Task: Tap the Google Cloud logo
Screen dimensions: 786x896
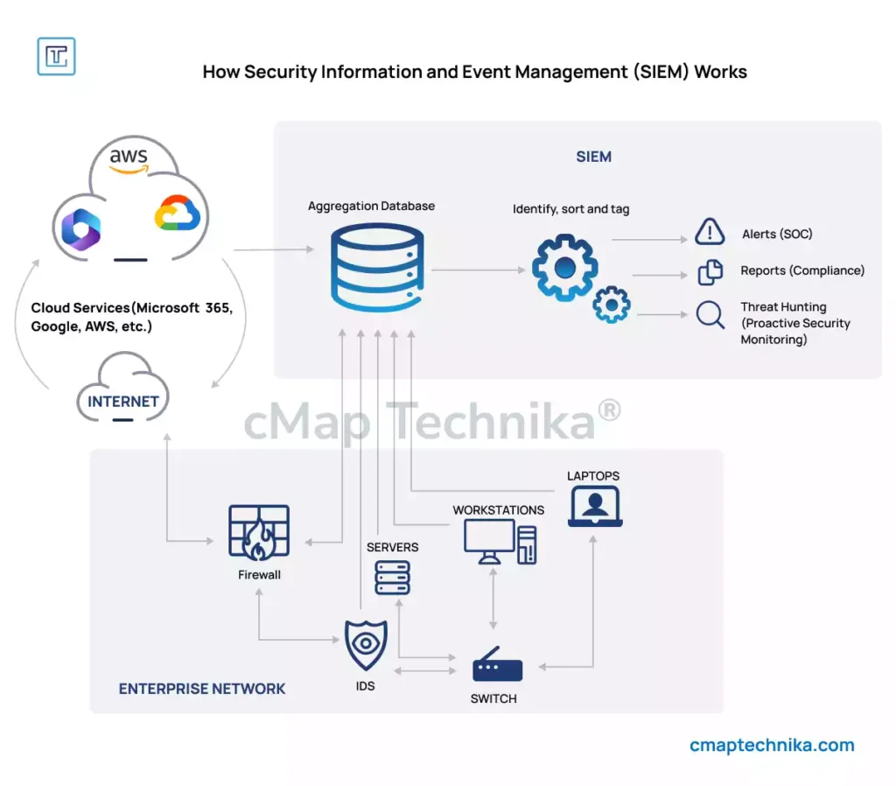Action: (x=178, y=214)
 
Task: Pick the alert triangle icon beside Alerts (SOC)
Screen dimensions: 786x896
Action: (x=710, y=232)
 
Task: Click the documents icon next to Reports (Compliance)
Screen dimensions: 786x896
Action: (x=710, y=272)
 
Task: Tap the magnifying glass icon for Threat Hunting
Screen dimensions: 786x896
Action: (x=710, y=314)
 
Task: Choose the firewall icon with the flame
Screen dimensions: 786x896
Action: (x=259, y=532)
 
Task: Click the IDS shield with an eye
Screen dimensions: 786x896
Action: (x=366, y=646)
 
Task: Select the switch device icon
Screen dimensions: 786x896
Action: (x=497, y=669)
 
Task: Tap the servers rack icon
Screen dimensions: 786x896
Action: (x=392, y=578)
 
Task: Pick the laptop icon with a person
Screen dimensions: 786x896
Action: (x=595, y=507)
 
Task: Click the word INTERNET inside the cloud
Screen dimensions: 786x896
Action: (x=123, y=402)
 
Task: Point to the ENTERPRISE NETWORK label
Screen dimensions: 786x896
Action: (x=202, y=689)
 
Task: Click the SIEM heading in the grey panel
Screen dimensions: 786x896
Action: (x=593, y=158)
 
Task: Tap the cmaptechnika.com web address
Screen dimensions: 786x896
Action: (x=772, y=746)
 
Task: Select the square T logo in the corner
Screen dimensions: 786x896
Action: (x=57, y=56)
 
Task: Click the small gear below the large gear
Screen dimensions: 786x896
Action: (x=611, y=305)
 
